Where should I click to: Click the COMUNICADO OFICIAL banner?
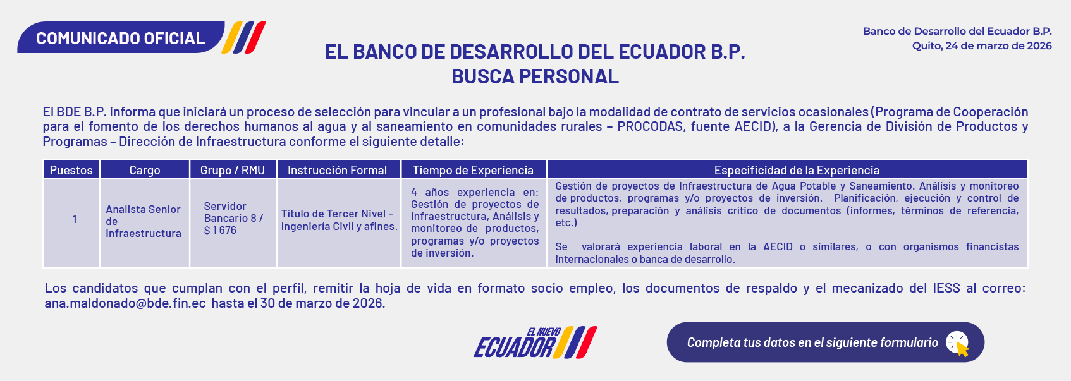coord(121,38)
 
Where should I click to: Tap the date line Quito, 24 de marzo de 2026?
coord(982,46)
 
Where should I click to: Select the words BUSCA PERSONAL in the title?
coord(535,76)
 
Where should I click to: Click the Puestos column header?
coord(71,170)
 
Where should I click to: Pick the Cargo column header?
coord(144,170)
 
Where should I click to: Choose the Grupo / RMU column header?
coord(233,170)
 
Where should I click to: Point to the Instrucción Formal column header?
coord(338,170)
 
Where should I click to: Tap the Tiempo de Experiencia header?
coord(474,170)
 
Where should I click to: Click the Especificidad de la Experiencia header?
coord(797,170)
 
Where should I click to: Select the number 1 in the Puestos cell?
coord(75,219)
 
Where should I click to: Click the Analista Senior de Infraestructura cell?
coord(144,221)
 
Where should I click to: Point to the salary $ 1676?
coord(221,231)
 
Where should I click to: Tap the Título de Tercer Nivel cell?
coord(339,220)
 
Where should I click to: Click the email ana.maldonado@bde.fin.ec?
coord(125,303)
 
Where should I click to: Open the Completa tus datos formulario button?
coord(825,342)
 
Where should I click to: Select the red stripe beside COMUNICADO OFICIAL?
coord(255,37)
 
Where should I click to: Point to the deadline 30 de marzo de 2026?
coord(322,303)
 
